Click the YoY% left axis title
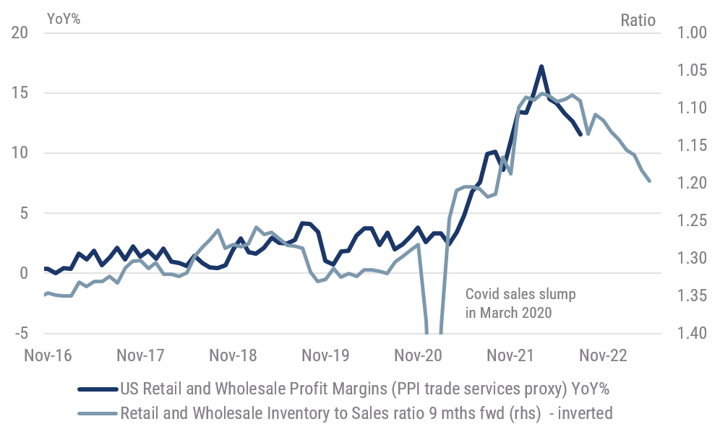(x=63, y=20)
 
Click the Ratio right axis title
(x=638, y=20)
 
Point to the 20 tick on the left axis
(x=20, y=33)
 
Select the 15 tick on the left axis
(x=20, y=93)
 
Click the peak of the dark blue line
(x=541, y=66)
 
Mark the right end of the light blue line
(x=649, y=181)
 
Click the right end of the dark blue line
(x=580, y=134)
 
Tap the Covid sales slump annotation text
(x=510, y=303)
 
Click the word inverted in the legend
(x=588, y=413)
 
